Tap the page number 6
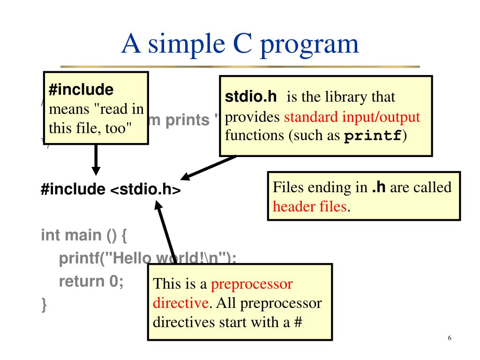pos(450,339)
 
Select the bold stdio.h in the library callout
pos(251,97)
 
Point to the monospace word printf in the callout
pos(372,136)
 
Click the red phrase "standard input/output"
pos(352,117)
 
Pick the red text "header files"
pos(310,206)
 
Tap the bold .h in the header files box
pos(379,187)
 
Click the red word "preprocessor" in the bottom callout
pos(252,284)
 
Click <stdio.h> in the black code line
pos(145,190)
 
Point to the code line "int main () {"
pos(84,234)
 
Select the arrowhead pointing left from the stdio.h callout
pos(187,177)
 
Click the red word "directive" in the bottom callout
pos(180,303)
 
